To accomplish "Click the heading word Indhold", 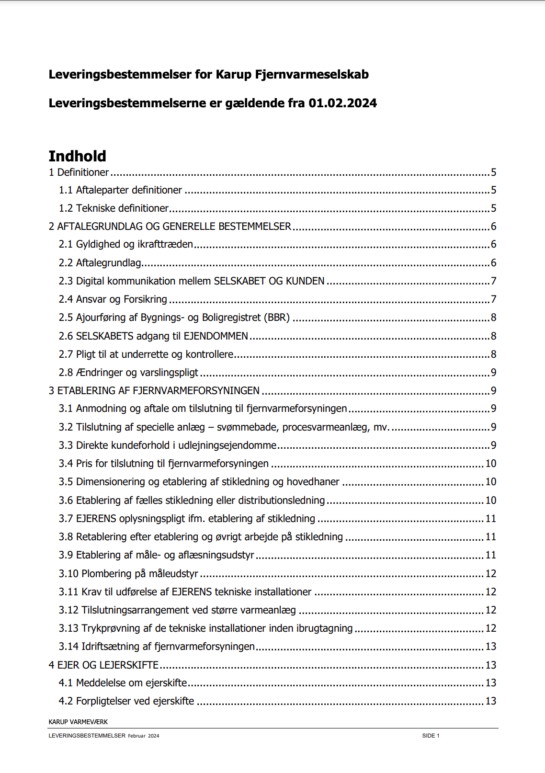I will point(77,156).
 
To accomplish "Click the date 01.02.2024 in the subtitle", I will point(342,103).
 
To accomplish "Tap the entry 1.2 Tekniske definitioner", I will point(114,208).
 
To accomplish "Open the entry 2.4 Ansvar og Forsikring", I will point(113,299).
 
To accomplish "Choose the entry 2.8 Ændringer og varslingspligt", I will point(128,373).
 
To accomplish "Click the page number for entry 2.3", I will point(493,281).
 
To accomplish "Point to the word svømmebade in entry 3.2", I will point(247,427).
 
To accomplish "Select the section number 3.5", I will point(66,482).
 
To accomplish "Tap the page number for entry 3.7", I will point(490,519).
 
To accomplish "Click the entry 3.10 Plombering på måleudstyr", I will point(128,574).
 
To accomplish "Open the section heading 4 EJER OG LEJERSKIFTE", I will point(103,665).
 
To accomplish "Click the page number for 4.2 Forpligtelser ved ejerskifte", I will point(490,701).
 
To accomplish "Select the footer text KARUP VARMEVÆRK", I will point(78,722).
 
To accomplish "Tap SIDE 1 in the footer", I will point(431,736).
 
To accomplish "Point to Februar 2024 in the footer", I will point(144,736).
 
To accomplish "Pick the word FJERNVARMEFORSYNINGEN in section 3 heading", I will point(196,391).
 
